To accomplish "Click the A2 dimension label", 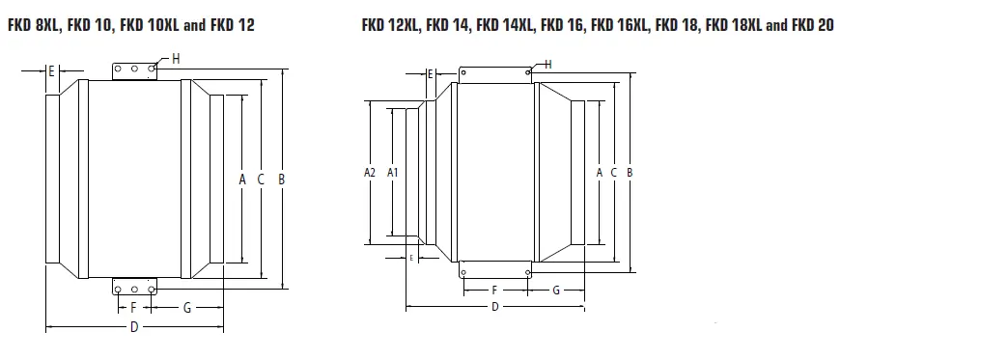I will [x=369, y=172].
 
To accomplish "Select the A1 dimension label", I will [x=393, y=172].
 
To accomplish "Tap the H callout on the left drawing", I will [x=175, y=59].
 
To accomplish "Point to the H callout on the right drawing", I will [x=547, y=64].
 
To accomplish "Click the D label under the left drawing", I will [x=134, y=327].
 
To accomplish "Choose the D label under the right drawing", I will [x=495, y=307].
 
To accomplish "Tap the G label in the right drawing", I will [x=556, y=290].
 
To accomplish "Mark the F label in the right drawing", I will [x=495, y=290].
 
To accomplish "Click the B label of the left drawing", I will [x=281, y=179].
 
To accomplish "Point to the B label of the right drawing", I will [x=630, y=172].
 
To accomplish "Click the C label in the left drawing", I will [x=261, y=179].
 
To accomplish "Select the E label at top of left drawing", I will [x=51, y=71].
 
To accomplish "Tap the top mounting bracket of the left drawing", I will [x=134, y=70].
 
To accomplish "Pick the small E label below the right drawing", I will [x=411, y=258].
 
